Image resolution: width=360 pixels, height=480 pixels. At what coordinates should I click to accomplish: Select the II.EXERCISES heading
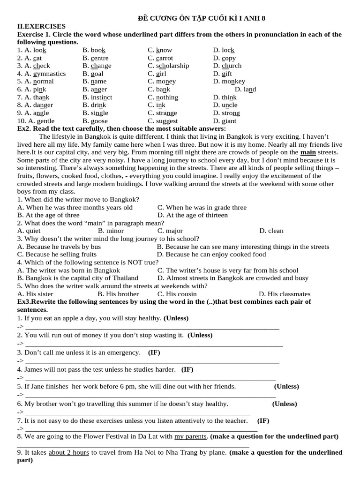(x=41, y=26)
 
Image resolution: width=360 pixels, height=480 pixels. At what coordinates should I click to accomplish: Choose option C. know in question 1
(x=160, y=50)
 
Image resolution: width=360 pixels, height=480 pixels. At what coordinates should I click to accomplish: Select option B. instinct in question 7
(x=97, y=97)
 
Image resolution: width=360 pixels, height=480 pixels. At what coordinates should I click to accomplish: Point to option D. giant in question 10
(x=225, y=121)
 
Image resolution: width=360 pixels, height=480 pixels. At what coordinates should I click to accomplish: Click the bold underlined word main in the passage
(x=308, y=152)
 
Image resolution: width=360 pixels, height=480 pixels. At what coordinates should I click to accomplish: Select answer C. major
(x=170, y=231)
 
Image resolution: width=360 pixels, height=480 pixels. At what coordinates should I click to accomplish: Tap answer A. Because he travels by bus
(x=59, y=247)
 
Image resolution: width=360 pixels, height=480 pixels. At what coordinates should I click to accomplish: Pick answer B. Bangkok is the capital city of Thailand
(x=78, y=278)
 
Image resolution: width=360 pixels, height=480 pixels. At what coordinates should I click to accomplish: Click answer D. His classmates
(x=285, y=294)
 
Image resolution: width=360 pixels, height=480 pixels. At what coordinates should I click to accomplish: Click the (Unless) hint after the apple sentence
(x=176, y=318)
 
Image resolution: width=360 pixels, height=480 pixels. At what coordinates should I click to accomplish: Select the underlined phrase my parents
(x=190, y=436)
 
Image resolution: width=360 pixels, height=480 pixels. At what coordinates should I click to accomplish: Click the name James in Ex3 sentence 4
(x=33, y=369)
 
